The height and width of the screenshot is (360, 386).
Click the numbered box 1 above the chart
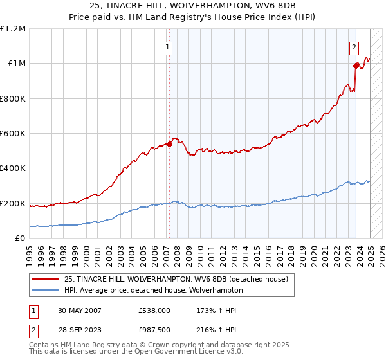point(167,46)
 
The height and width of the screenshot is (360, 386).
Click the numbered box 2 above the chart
point(354,46)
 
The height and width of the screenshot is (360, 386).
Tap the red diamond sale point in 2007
point(170,144)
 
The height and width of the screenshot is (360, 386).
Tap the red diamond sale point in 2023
point(356,65)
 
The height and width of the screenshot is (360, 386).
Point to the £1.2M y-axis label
point(14,29)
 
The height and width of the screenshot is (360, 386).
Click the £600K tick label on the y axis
point(13,134)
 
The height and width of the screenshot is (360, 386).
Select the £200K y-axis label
point(13,204)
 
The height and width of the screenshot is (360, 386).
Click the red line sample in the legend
point(46,279)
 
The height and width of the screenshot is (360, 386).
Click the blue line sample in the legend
point(46,290)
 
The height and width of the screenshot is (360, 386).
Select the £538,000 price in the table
point(154,310)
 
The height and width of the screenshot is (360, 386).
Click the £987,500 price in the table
point(154,330)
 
